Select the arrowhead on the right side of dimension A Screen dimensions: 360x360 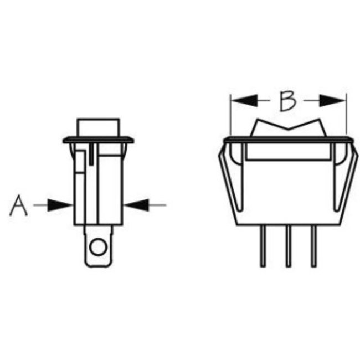click(x=136, y=205)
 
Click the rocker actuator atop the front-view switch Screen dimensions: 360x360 click(x=287, y=127)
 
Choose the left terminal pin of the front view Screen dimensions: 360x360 click(x=263, y=246)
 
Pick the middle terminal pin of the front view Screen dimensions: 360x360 click(x=288, y=246)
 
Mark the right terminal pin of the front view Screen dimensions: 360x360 click(x=313, y=246)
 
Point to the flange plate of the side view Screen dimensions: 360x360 click(x=99, y=140)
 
